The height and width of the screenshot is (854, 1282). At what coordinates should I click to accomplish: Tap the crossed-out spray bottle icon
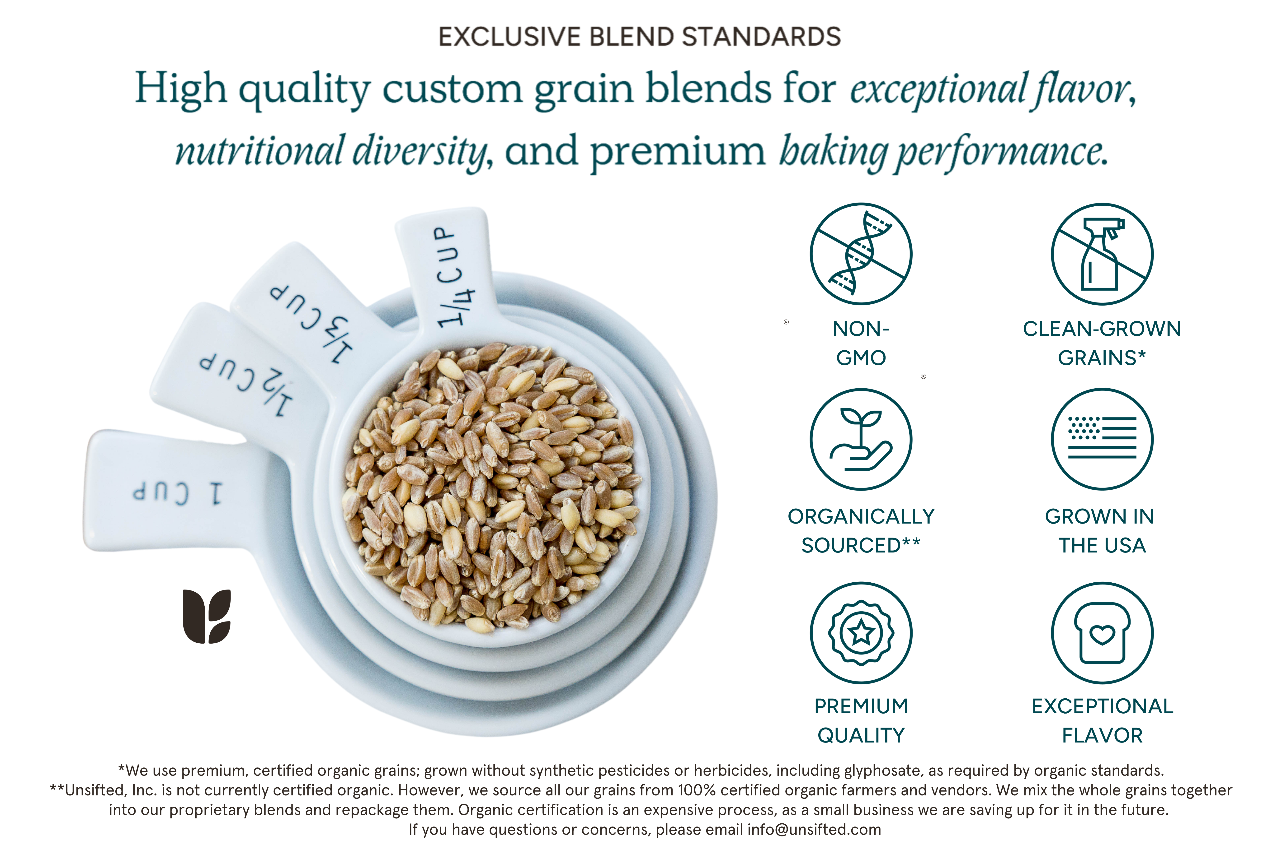click(1102, 254)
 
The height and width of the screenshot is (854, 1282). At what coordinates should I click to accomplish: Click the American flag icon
click(1102, 439)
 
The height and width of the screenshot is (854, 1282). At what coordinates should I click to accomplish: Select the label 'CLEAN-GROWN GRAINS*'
click(1102, 343)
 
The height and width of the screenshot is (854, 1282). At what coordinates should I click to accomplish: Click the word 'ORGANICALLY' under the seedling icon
click(861, 516)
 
